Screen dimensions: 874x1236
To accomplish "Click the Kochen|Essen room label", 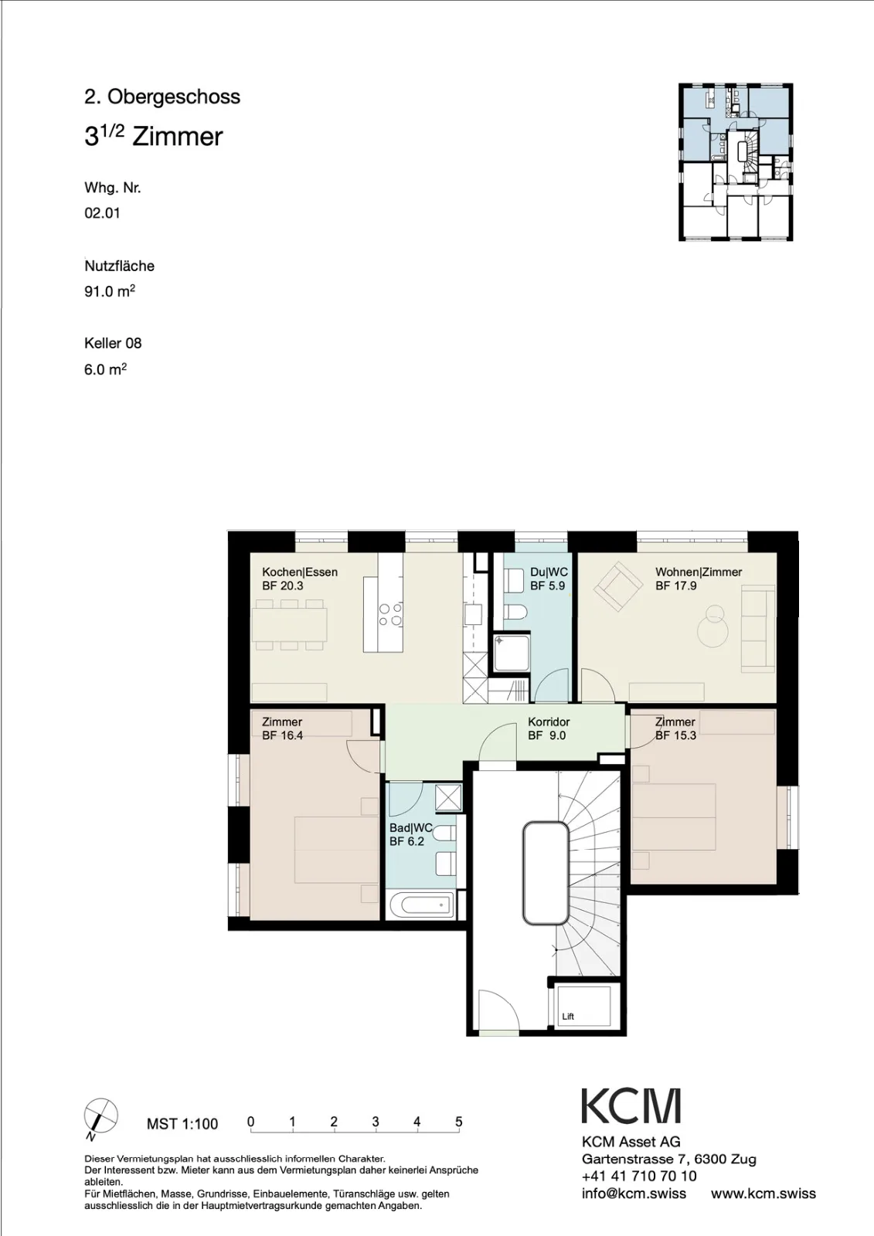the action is coord(300,572).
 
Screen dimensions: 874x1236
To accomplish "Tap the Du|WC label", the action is coord(549,572).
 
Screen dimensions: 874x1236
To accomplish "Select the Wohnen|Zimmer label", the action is coord(699,572).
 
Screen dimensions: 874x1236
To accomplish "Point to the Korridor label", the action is coord(549,722).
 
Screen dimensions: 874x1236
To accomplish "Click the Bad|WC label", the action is coord(411,828).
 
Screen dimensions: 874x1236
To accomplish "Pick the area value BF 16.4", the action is coord(283,735).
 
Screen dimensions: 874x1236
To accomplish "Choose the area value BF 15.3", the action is coord(676,735).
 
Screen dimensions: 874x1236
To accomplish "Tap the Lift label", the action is coord(568,1017).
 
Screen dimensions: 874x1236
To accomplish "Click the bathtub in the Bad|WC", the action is coord(423,905).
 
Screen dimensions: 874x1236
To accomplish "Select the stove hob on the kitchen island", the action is coord(390,614).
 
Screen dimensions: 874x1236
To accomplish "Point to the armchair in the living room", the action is coord(617,586).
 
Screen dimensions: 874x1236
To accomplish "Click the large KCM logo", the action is coord(631,1106).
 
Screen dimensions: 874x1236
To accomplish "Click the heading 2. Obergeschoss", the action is coord(162,97).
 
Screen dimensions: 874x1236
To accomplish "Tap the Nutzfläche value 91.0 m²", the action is coord(110,290).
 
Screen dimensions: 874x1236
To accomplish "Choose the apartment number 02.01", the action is coord(102,213).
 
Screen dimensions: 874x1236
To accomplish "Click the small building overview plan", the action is coord(736,161).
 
